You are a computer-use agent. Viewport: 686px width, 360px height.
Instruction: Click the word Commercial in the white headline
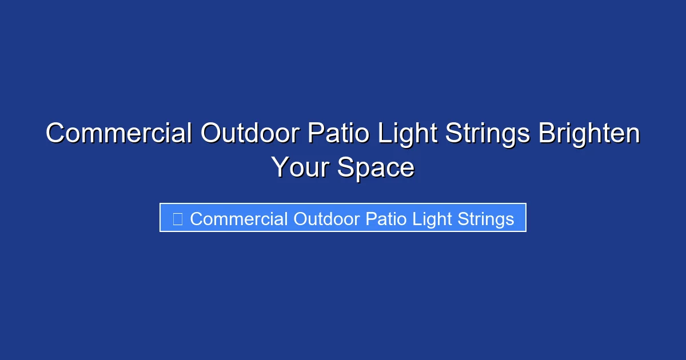coord(119,134)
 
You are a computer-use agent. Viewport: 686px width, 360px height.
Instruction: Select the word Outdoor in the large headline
coord(250,134)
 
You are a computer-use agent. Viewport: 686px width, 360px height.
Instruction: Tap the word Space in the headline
coord(376,167)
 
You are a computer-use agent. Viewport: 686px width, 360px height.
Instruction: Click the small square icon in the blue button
coord(178,218)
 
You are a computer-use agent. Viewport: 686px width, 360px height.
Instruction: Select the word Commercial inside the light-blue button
coord(239,218)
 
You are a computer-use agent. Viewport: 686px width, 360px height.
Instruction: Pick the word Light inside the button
coord(432,218)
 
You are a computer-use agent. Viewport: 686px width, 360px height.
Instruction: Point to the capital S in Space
coord(345,167)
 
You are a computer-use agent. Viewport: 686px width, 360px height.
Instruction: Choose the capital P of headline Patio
coord(315,134)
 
